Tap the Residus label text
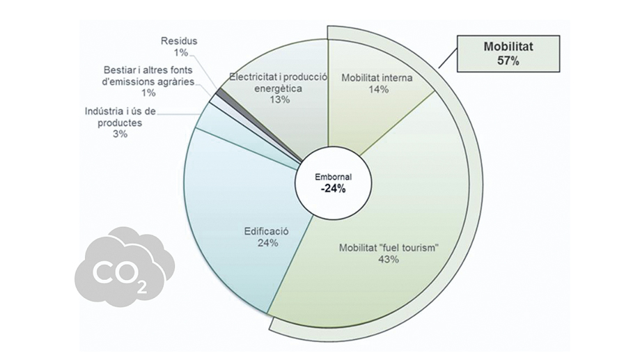point(179,41)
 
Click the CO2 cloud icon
point(123,265)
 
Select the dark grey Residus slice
point(221,92)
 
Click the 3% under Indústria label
point(120,134)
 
